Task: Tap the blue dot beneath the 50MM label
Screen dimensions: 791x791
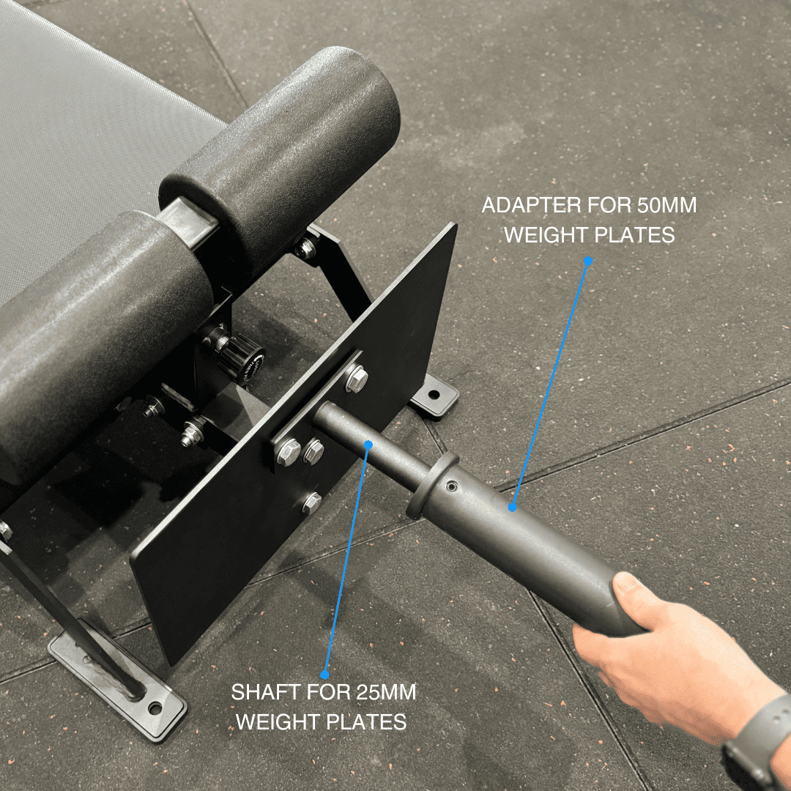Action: click(587, 260)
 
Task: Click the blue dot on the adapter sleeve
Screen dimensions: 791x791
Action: click(513, 507)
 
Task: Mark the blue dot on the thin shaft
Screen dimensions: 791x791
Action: click(369, 444)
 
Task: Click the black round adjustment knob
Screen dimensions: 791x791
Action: click(238, 357)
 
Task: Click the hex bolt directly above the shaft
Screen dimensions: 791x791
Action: click(357, 379)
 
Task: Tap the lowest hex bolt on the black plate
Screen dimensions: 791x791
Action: click(311, 502)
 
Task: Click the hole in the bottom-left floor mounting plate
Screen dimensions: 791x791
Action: click(155, 708)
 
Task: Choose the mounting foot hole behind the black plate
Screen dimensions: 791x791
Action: click(434, 395)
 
